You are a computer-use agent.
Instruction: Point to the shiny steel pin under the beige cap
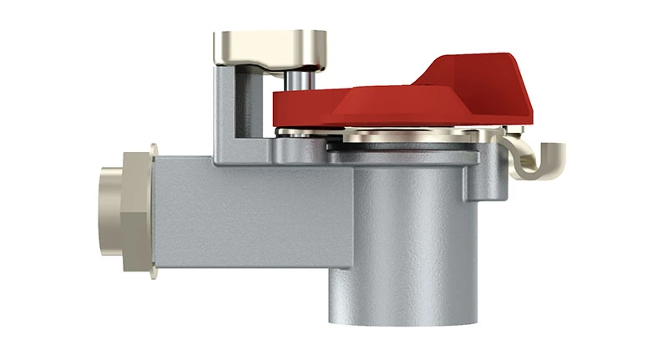[x=297, y=81]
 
